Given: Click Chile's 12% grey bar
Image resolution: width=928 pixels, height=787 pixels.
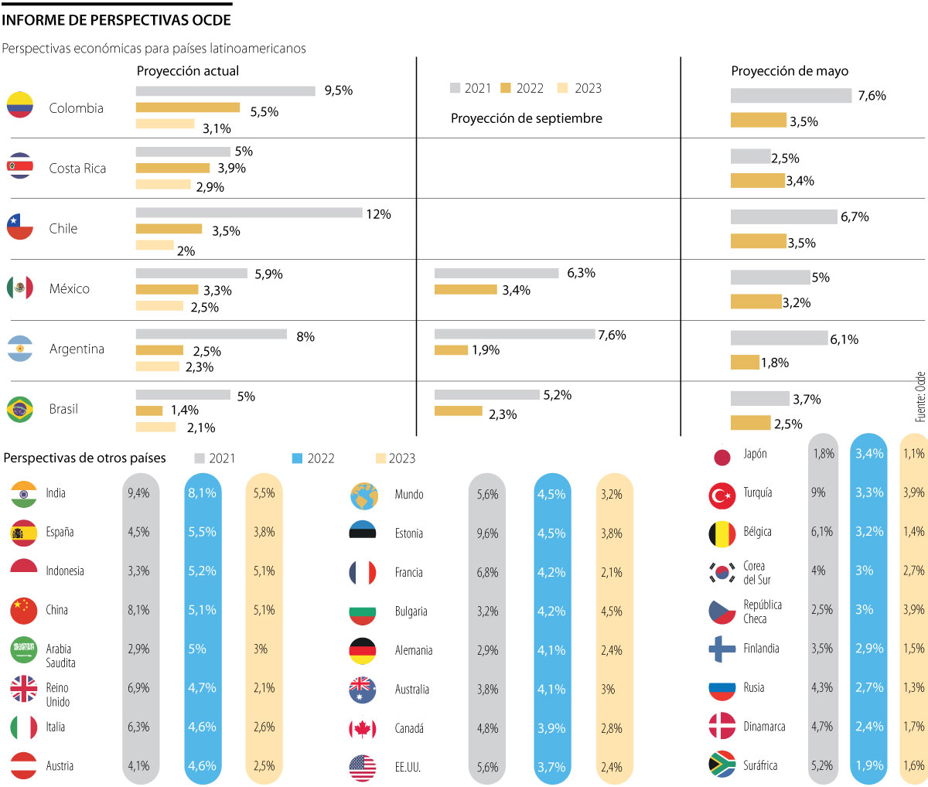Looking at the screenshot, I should [249, 213].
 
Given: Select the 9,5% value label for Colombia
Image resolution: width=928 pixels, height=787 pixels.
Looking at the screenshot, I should [338, 90].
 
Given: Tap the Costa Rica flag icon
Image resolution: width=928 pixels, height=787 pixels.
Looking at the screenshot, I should [20, 166].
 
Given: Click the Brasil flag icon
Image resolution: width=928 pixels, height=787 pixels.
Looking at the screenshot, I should [20, 409].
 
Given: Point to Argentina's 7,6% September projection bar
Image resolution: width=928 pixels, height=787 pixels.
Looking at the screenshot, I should [514, 334].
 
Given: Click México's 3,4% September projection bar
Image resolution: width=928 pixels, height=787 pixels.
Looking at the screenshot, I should [466, 290].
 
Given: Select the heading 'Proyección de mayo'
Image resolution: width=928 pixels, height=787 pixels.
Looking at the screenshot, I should [790, 71].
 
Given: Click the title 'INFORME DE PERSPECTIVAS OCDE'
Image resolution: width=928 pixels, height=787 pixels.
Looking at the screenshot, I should [116, 20].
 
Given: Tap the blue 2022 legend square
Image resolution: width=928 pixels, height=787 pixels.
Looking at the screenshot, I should [297, 458].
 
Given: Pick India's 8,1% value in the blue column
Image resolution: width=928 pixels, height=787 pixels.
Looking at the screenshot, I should [202, 493].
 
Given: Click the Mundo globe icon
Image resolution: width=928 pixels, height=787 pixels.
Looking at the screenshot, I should [363, 496].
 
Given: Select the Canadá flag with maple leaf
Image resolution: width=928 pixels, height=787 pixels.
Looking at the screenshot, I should [363, 728].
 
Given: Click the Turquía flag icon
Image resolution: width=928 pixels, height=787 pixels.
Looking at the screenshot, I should [722, 495].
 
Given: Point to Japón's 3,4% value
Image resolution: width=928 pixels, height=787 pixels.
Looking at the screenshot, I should [868, 454].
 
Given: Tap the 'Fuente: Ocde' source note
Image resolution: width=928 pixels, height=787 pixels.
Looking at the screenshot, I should [919, 397].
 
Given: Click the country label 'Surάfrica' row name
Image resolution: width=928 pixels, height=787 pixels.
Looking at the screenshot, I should [760, 765].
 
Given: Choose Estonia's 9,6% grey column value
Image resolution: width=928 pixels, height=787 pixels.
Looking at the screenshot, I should [487, 533].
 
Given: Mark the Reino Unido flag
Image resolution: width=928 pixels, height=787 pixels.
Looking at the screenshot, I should [24, 688].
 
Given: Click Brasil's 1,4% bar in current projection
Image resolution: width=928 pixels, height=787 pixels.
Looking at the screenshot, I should [149, 411].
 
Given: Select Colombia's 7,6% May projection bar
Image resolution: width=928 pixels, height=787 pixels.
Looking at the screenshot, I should [790, 96].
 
